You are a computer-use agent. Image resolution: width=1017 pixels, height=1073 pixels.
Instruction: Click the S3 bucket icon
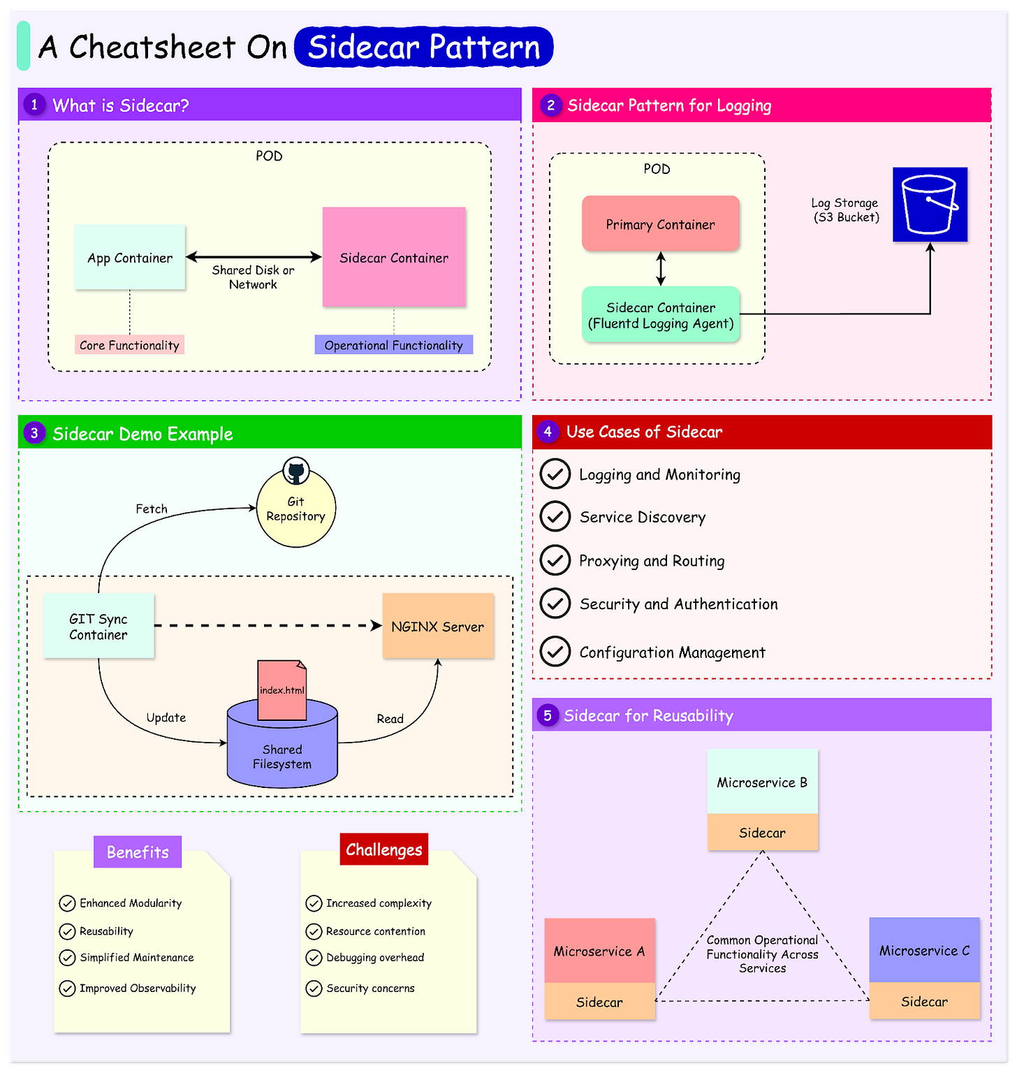pyautogui.click(x=930, y=204)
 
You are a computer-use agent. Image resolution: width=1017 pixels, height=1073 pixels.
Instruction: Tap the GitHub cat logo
pyautogui.click(x=296, y=472)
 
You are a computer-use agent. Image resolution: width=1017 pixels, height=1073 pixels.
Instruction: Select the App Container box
pyautogui.click(x=130, y=257)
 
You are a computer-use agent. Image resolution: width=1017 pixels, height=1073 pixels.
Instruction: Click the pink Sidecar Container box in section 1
pyautogui.click(x=394, y=257)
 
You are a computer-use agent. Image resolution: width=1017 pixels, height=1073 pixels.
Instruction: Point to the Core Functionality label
pyautogui.click(x=129, y=345)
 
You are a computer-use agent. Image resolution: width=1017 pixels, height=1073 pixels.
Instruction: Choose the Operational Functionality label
pyautogui.click(x=393, y=345)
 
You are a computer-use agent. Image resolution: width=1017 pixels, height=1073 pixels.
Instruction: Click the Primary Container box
pyautogui.click(x=660, y=224)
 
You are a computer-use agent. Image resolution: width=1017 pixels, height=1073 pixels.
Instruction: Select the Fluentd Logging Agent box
pyautogui.click(x=661, y=315)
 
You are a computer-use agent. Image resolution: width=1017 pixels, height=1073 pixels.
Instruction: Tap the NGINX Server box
pyautogui.click(x=438, y=627)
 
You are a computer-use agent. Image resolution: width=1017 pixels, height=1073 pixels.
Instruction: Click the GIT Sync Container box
pyautogui.click(x=98, y=627)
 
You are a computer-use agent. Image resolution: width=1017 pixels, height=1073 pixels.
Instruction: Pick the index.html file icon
pyautogui.click(x=282, y=690)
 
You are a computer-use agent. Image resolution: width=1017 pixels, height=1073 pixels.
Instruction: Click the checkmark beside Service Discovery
pyautogui.click(x=555, y=517)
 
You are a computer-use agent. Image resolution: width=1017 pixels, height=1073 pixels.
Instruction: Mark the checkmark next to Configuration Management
pyautogui.click(x=555, y=652)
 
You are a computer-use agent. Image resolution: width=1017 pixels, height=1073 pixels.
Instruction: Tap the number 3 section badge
pyautogui.click(x=34, y=433)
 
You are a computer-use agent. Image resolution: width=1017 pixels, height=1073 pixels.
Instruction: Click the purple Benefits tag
pyautogui.click(x=138, y=852)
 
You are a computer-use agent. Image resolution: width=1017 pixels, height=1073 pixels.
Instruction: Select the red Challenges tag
pyautogui.click(x=383, y=849)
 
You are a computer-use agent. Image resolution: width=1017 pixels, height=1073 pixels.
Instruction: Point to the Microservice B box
pyautogui.click(x=762, y=782)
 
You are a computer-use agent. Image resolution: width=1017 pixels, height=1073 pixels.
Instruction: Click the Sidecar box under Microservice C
pyautogui.click(x=924, y=1001)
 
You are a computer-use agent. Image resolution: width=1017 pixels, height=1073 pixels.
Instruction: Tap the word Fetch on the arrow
pyautogui.click(x=152, y=509)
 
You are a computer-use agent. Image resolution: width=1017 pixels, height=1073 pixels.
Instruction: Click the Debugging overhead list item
pyautogui.click(x=374, y=958)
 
